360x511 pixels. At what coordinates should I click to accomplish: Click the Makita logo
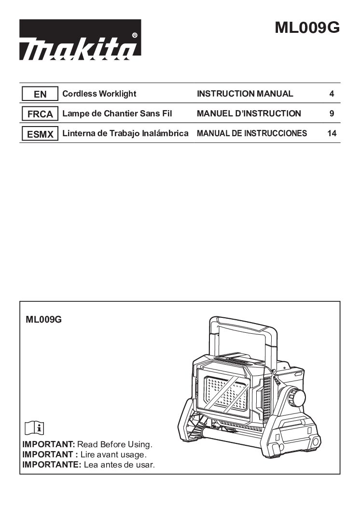click(80, 40)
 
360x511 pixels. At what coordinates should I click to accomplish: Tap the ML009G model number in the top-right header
click(307, 28)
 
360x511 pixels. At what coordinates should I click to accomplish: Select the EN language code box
click(40, 94)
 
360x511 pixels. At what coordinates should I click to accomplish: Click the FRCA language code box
click(40, 114)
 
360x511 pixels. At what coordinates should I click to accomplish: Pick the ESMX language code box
click(40, 134)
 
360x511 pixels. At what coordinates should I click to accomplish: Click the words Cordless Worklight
click(99, 94)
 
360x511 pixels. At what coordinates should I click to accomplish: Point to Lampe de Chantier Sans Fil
click(117, 114)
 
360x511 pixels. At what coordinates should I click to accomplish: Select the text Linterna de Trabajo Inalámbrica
click(125, 133)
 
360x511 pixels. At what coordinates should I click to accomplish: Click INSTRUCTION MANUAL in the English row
click(245, 94)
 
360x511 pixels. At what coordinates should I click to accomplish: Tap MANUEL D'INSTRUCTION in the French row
click(249, 114)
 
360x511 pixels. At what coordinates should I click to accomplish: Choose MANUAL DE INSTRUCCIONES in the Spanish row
click(252, 133)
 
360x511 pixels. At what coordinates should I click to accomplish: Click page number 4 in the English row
click(332, 94)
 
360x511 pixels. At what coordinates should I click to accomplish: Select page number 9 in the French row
click(332, 114)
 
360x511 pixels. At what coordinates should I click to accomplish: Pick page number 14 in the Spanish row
click(332, 133)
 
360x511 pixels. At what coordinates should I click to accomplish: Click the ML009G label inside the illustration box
click(43, 319)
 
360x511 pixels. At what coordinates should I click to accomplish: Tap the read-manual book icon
click(34, 428)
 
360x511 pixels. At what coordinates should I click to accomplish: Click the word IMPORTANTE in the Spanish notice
click(52, 465)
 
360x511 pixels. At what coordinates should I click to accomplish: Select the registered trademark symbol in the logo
click(135, 35)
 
